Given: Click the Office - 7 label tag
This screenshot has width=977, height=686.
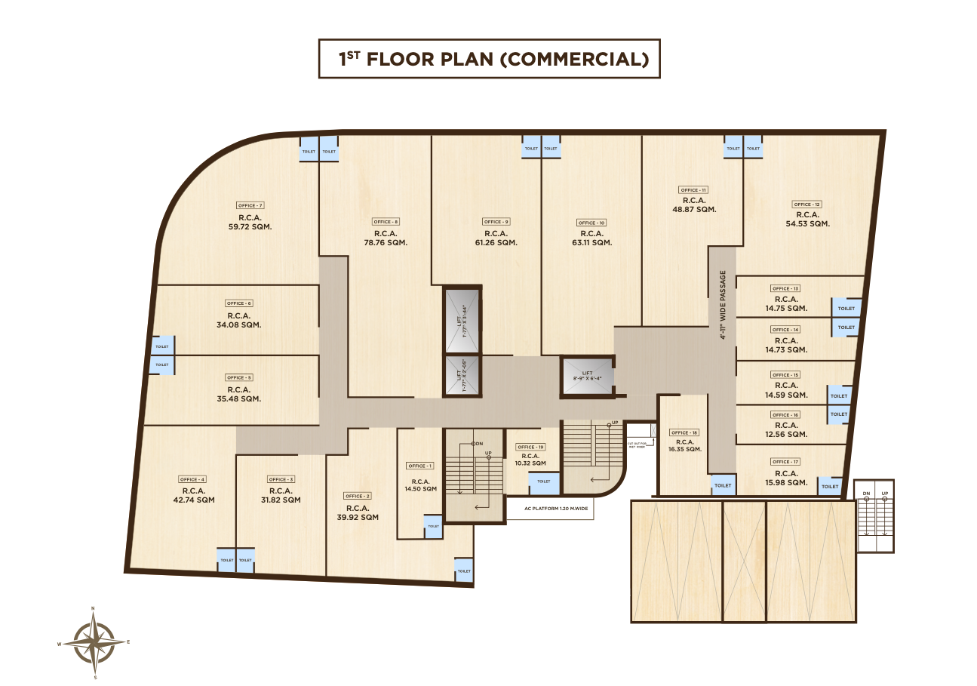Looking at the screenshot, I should [250, 205].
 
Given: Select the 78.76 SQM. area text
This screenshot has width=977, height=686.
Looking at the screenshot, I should [386, 243].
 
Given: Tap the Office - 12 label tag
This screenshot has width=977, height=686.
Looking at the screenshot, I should [806, 205].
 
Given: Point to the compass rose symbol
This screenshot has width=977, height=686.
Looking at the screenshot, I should [94, 643].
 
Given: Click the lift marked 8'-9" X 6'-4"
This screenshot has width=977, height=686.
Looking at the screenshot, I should [585, 376].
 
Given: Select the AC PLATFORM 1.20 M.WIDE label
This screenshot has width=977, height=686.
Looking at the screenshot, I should [549, 509].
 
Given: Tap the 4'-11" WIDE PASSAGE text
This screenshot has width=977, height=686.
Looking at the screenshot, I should [723, 305].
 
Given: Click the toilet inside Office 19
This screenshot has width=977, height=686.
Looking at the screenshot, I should [543, 481].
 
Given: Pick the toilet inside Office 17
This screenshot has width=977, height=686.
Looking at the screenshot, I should [830, 487].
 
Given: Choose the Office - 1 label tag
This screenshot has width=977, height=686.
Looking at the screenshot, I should [420, 466].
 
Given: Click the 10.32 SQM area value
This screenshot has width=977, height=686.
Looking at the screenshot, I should [530, 464].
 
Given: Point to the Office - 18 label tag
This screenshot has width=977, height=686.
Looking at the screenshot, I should [684, 432].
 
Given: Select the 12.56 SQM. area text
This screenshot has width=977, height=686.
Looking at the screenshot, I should [785, 434].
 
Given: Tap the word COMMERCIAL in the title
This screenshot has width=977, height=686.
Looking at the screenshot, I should [574, 60].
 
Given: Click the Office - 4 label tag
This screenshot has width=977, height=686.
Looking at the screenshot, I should [192, 479].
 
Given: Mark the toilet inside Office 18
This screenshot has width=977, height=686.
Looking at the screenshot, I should [722, 485].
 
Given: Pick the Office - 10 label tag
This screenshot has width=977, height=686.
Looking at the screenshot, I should [591, 223].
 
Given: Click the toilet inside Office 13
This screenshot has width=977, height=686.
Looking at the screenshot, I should [846, 308].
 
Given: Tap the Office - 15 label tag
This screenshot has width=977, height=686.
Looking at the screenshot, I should [785, 375].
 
